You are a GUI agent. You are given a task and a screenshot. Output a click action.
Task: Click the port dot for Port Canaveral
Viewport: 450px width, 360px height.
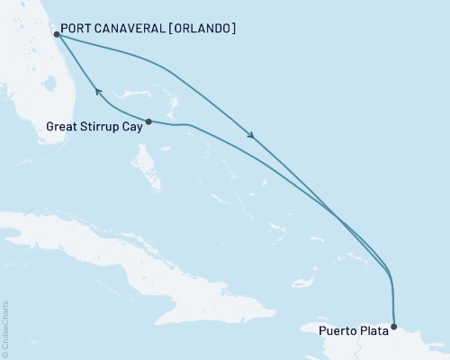pyautogui.click(x=56, y=34)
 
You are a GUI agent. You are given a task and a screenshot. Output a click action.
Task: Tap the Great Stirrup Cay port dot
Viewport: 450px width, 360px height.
pyautogui.click(x=148, y=121)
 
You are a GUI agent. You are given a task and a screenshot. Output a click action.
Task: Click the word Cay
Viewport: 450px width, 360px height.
pyautogui.click(x=132, y=127)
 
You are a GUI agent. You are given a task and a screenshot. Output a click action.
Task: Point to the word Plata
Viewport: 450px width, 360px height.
pyautogui.click(x=374, y=329)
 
